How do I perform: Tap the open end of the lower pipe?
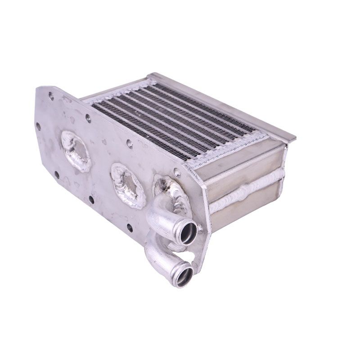pos(184,276)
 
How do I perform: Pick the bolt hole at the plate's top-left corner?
pos(50,95)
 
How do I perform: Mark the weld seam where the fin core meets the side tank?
pos(225,148)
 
